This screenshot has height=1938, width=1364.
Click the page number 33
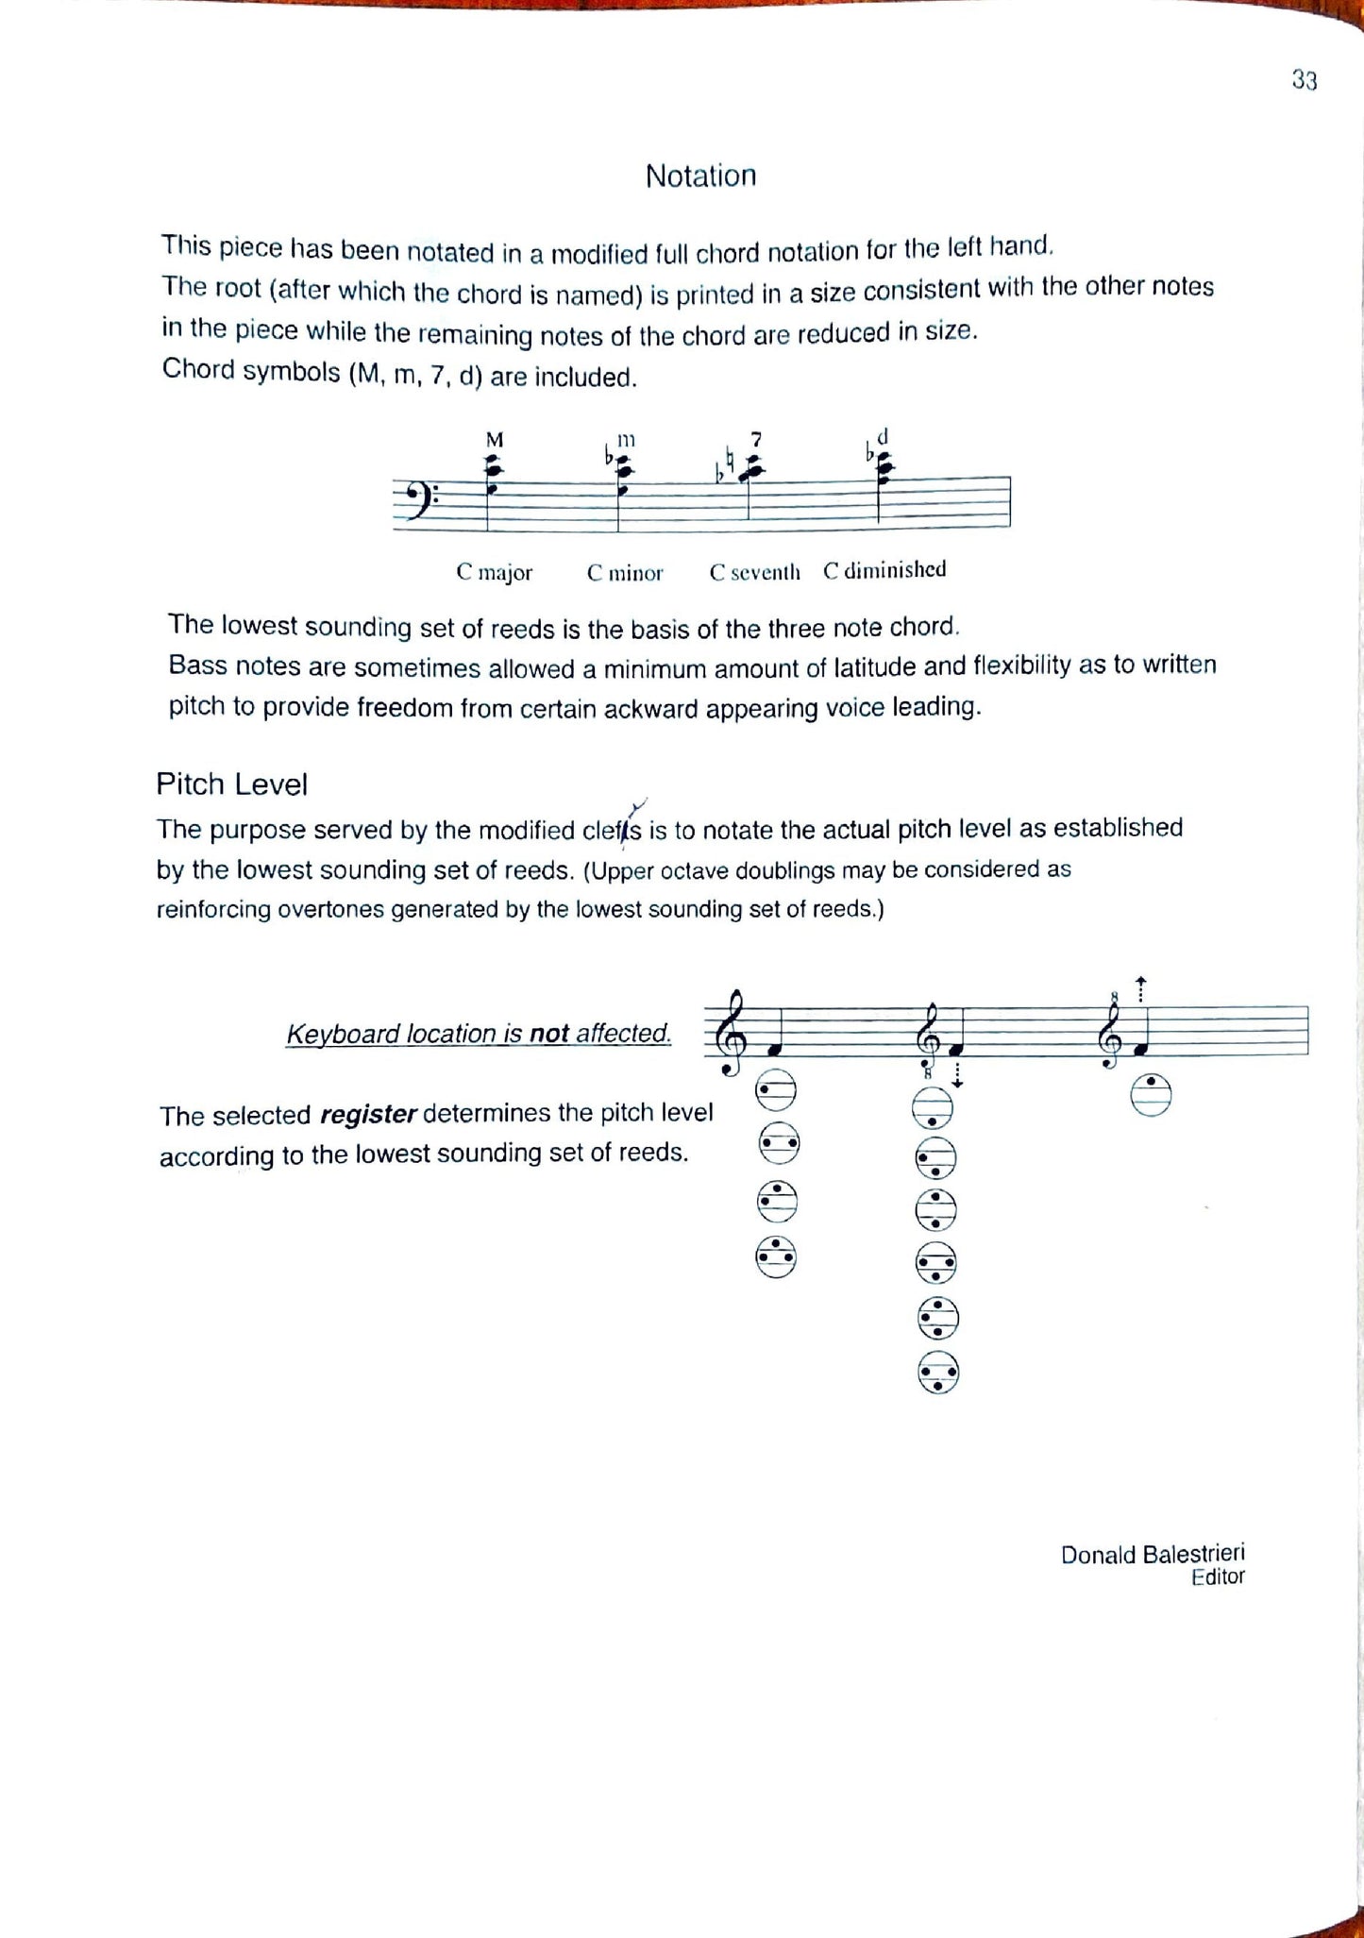(x=1304, y=81)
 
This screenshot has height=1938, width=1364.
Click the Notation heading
(x=700, y=176)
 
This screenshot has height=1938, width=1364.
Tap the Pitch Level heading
(x=232, y=784)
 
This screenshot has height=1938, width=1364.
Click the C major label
(x=494, y=572)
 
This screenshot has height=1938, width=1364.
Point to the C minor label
(x=625, y=573)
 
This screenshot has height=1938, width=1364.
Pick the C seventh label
(x=754, y=572)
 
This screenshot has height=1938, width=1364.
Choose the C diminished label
(x=884, y=570)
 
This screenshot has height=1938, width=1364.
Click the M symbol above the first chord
(x=494, y=440)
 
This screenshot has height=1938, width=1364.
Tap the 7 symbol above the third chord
(x=755, y=439)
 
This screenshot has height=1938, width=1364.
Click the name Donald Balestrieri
(x=1152, y=1554)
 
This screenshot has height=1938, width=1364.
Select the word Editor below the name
(x=1218, y=1577)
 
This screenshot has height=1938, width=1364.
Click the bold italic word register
(x=368, y=1115)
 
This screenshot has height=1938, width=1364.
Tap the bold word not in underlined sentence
(x=548, y=1034)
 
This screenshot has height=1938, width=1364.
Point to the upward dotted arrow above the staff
(x=1140, y=989)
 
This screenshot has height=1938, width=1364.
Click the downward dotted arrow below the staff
(x=957, y=1076)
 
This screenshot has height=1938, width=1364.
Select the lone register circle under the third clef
(x=1151, y=1096)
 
